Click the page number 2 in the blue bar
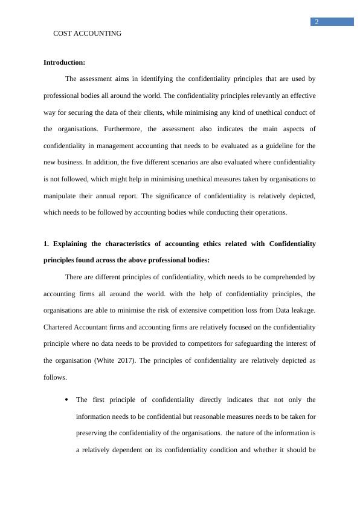click(x=316, y=22)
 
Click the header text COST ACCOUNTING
click(x=87, y=34)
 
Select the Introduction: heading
click(x=64, y=62)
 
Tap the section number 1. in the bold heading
click(x=47, y=244)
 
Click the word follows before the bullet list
click(x=55, y=377)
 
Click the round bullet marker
click(x=65, y=400)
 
